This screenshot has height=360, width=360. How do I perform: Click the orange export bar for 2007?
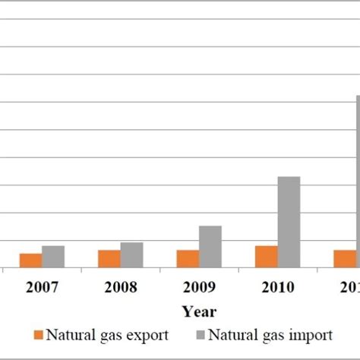point(30,261)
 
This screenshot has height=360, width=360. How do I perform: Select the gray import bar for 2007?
point(53,257)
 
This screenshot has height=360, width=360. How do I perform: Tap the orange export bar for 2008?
point(109,259)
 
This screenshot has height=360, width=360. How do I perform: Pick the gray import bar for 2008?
point(131,255)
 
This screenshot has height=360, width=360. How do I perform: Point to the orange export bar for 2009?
point(188,259)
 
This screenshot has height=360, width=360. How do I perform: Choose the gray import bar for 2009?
point(210,247)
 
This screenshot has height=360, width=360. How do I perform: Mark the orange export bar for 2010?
point(267,257)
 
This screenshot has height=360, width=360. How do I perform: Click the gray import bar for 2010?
point(289,222)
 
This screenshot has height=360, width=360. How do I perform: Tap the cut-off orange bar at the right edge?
point(344,259)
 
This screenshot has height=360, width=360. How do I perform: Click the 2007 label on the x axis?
point(42,288)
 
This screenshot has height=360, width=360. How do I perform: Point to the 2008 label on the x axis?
point(121,288)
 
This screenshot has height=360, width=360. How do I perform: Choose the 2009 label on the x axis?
point(199,288)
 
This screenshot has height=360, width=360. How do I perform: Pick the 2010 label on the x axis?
point(278,288)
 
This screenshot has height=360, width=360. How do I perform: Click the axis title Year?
point(199,311)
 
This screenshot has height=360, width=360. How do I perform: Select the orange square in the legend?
point(38,335)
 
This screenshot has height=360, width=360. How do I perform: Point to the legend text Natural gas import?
point(270,335)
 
